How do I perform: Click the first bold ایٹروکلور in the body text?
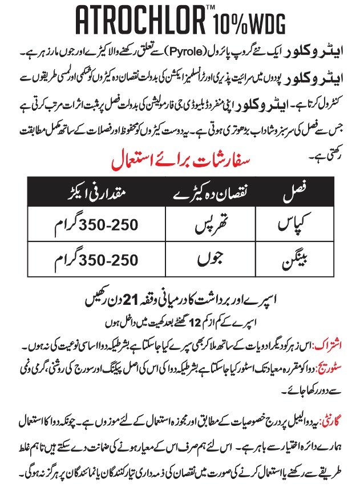pyautogui.click(x=313, y=53)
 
